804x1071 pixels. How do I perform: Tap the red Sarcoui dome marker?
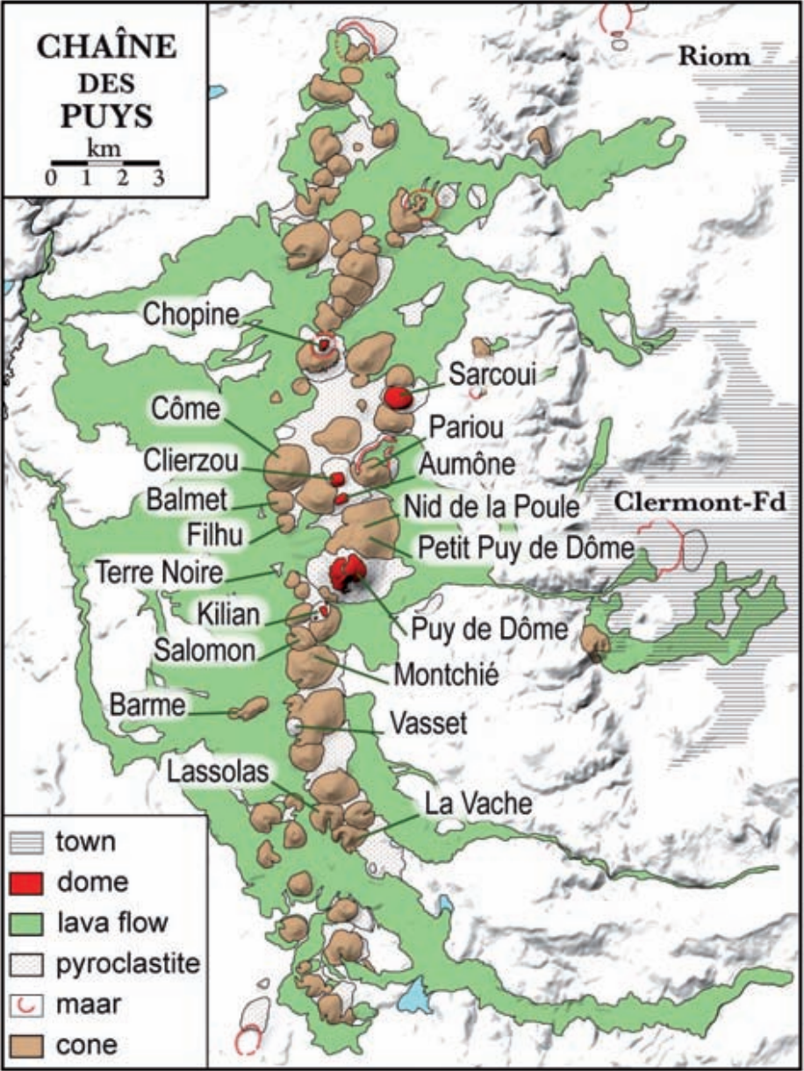pyautogui.click(x=398, y=397)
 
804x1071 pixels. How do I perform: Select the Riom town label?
pyautogui.click(x=713, y=58)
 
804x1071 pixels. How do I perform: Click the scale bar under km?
pyautogui.click(x=104, y=162)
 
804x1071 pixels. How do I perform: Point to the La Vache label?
pyautogui.click(x=477, y=803)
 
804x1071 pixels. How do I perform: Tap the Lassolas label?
pyautogui.click(x=219, y=770)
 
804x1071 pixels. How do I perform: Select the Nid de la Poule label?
pyautogui.click(x=492, y=507)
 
